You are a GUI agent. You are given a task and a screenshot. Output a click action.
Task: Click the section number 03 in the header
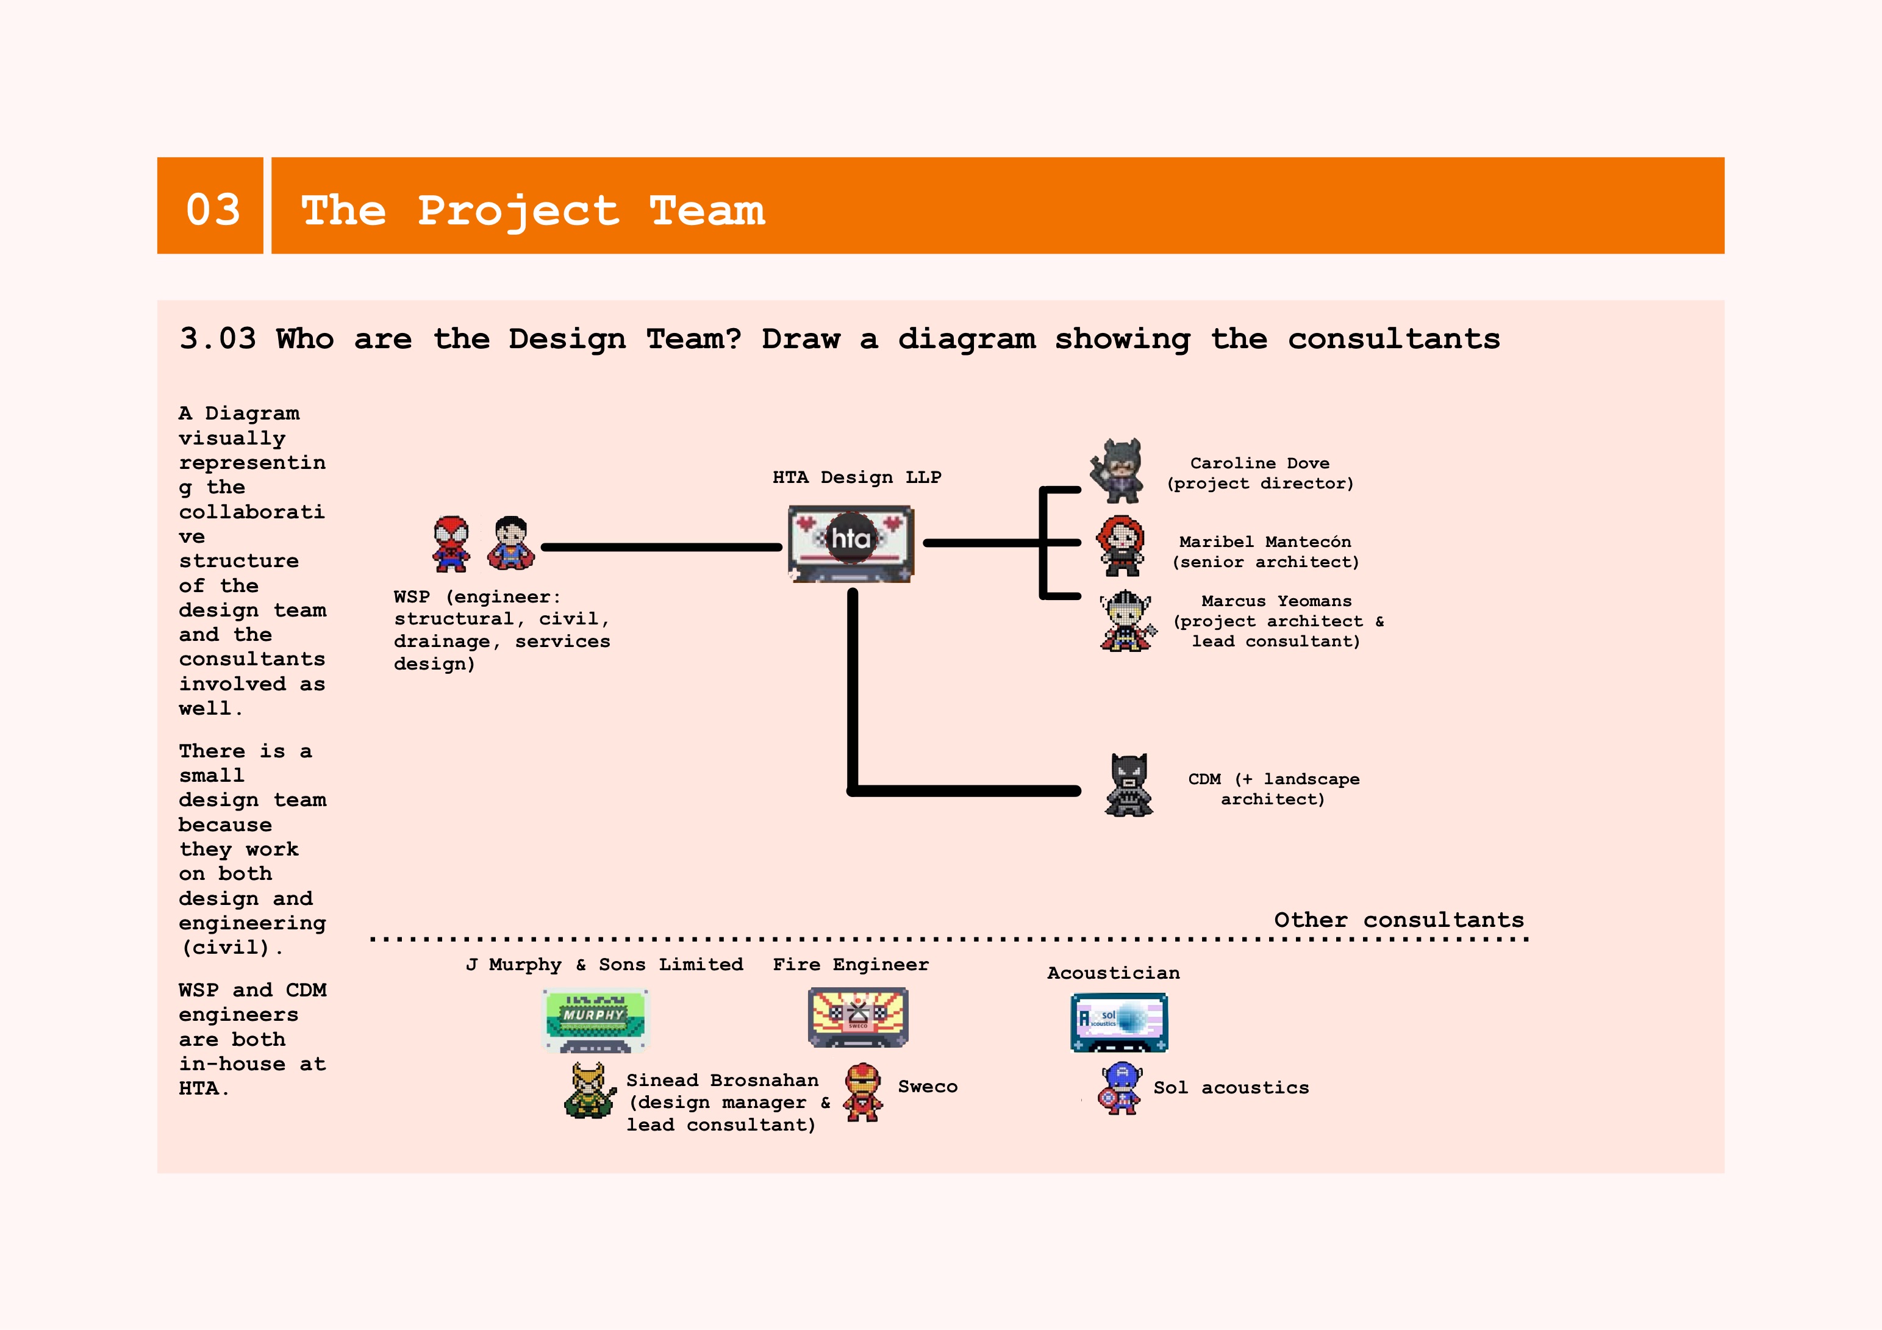[213, 209]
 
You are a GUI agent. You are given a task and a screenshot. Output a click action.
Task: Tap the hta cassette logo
[851, 543]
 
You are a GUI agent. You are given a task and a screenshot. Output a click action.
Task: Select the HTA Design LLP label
[857, 477]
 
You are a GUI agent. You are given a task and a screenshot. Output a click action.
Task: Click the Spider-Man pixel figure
[451, 543]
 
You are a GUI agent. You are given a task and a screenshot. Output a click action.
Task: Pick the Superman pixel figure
[510, 543]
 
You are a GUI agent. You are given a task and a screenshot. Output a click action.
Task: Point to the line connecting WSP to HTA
[662, 546]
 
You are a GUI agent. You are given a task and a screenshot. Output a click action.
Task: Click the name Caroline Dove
[1260, 463]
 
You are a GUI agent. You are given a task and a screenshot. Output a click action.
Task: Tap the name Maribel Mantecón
[1265, 542]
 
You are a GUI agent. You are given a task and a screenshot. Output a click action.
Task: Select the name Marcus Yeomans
[1276, 601]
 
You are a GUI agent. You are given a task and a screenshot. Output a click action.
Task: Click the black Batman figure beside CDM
[1129, 785]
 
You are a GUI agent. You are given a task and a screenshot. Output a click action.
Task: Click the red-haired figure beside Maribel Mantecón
[1120, 546]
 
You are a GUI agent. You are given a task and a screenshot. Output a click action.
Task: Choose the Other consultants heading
[1398, 920]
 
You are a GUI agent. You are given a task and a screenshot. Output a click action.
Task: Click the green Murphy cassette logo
[595, 1020]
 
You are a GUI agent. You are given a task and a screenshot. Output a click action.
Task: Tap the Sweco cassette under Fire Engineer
[857, 1017]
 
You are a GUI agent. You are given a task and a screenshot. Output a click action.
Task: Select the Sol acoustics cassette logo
[1119, 1023]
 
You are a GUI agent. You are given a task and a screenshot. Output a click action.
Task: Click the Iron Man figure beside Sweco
[863, 1092]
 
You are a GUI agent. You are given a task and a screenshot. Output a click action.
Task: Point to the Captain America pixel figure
[1120, 1089]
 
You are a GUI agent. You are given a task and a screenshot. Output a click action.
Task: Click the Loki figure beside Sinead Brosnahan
[589, 1091]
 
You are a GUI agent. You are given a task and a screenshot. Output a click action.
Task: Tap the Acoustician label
[1113, 973]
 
